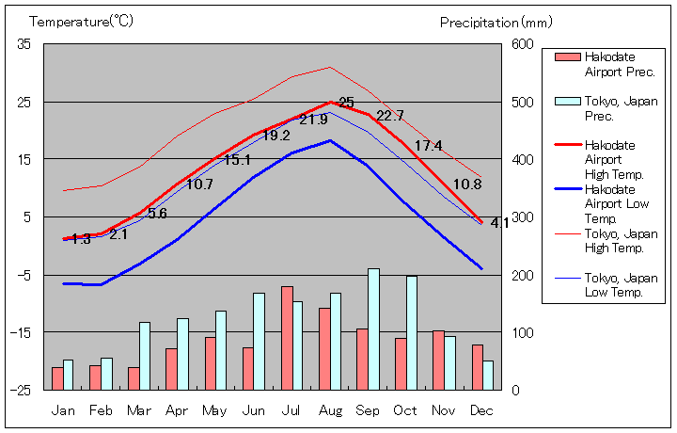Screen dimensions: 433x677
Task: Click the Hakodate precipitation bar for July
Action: point(287,338)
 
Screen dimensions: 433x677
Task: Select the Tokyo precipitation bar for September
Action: point(373,329)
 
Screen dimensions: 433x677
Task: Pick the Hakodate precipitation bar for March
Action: point(134,378)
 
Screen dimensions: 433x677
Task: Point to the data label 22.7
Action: point(389,116)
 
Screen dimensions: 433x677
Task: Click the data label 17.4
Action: point(428,146)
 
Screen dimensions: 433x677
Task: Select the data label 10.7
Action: point(199,184)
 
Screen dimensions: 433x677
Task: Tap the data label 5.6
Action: point(157,214)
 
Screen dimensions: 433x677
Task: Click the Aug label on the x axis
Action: point(330,410)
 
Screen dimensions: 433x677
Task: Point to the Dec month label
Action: point(482,410)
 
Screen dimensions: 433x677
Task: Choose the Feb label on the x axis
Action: point(101,410)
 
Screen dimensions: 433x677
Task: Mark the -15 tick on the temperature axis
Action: point(21,332)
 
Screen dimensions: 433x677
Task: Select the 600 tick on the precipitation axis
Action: point(522,44)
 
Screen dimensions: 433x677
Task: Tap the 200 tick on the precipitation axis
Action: point(522,275)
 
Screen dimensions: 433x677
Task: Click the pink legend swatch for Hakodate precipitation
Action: point(567,57)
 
